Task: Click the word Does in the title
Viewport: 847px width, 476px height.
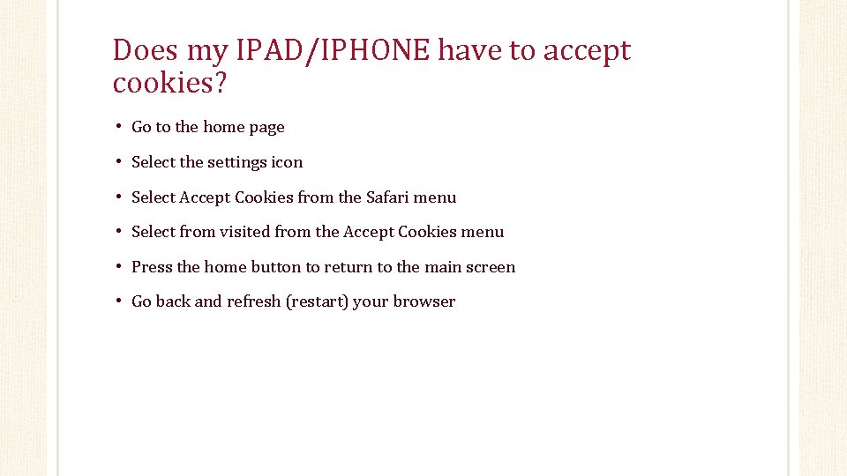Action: (x=146, y=51)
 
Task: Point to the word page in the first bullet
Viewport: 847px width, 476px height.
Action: (x=266, y=128)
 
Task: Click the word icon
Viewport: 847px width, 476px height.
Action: (x=288, y=162)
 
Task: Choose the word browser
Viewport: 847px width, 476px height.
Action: (x=424, y=301)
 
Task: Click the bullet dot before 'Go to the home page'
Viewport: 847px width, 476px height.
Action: (x=117, y=127)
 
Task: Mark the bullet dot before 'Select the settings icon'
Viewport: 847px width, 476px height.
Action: (x=117, y=162)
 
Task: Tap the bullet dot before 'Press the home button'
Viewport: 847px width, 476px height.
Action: (x=117, y=267)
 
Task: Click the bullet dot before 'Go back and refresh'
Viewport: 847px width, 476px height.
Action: (x=117, y=301)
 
